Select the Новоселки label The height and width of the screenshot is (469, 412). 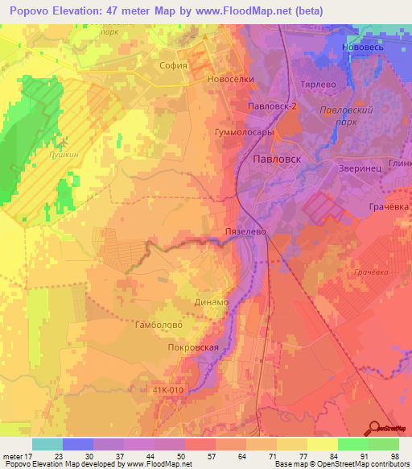coord(230,80)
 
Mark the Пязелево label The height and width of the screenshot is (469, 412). coord(245,230)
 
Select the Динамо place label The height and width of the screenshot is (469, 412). coord(212,302)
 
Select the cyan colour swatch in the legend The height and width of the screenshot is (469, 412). coord(47,444)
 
